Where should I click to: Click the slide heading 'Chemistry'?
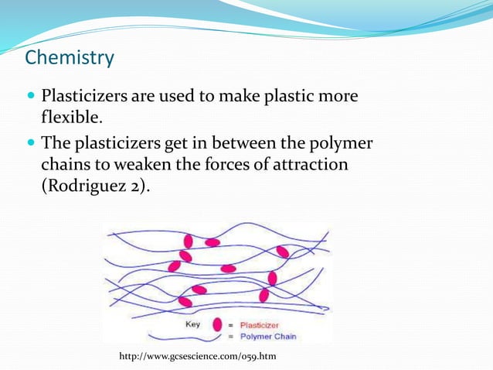tap(70, 58)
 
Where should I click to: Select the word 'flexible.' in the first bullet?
tap(72, 118)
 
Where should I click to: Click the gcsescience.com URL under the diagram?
tap(197, 355)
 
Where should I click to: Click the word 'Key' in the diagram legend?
tap(192, 324)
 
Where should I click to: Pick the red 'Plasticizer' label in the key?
tap(259, 325)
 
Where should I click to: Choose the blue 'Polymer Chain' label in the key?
tap(267, 336)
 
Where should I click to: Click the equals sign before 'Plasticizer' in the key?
tap(230, 325)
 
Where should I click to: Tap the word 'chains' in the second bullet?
tap(66, 165)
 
